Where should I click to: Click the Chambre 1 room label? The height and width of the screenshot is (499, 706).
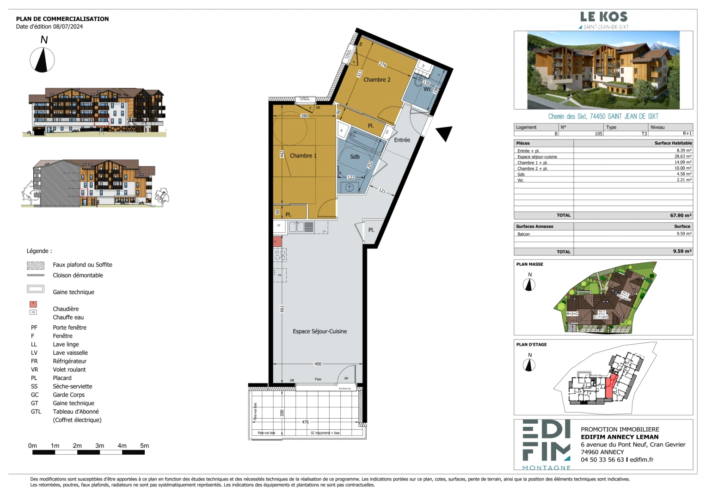303,156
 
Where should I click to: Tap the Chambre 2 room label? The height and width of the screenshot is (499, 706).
377,80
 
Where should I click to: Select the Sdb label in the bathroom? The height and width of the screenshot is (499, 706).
355,157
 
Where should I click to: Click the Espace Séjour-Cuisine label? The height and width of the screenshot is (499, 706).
319,331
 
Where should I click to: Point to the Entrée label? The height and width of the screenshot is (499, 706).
402,140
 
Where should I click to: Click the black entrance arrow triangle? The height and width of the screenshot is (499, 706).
445,133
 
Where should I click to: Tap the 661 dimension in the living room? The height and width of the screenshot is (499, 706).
282,309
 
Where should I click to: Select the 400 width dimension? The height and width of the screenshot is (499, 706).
318,364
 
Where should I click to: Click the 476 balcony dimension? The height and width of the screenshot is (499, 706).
305,422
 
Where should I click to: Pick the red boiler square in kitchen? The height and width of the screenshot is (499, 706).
277,242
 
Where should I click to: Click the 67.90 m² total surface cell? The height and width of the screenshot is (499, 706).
681,215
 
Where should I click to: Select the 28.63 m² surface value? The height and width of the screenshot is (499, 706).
682,157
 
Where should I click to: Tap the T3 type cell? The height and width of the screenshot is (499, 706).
644,134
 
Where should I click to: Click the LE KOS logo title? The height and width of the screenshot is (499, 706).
604,17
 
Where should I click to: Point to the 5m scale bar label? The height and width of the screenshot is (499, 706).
144,446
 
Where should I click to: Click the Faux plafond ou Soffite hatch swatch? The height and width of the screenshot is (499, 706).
36,265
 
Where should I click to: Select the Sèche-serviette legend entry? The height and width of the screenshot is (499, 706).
72,386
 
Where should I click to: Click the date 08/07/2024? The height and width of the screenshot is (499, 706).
68,27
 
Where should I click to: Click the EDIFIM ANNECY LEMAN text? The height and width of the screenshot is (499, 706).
620,437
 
